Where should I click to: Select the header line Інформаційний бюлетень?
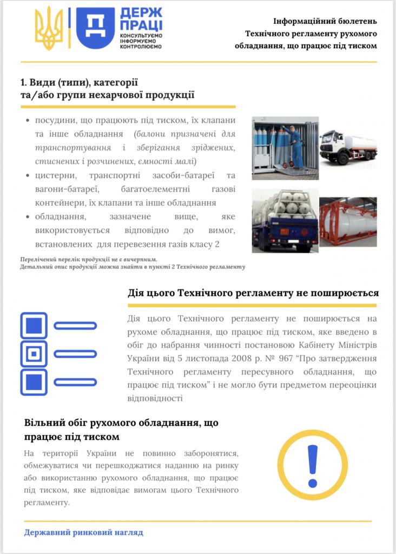(325, 22)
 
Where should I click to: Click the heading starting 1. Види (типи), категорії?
(79, 82)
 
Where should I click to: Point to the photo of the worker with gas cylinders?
(285, 148)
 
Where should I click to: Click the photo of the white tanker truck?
(348, 147)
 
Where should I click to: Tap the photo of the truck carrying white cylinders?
(285, 221)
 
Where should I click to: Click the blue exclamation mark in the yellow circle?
(312, 466)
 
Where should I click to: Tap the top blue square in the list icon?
(34, 325)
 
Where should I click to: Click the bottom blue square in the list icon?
(34, 382)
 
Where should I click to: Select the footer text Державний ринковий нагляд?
(84, 532)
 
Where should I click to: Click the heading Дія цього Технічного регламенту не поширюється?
(253, 293)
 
